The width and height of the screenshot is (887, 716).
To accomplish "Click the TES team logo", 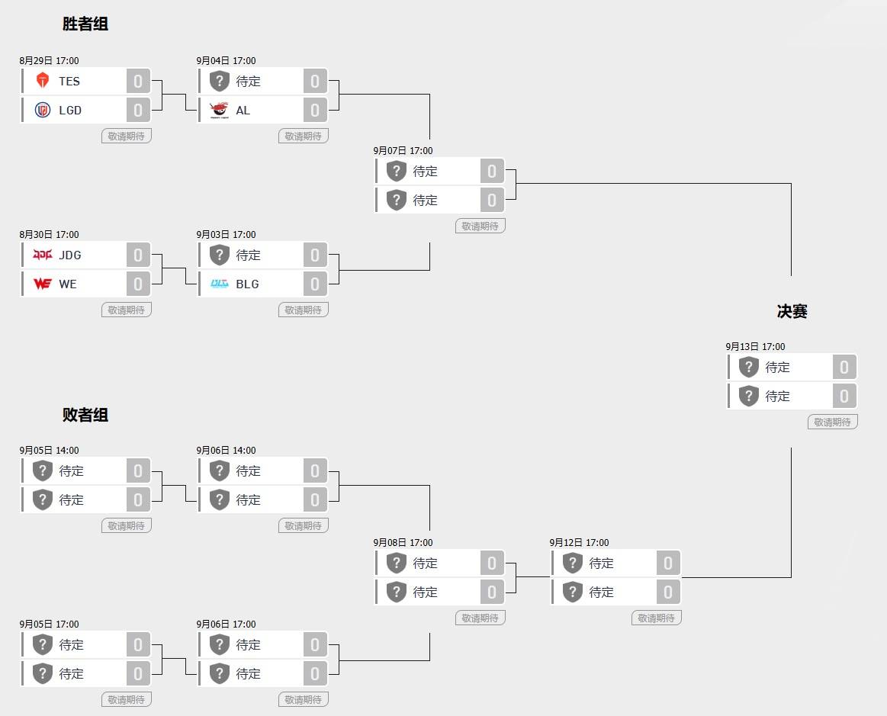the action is point(43,81).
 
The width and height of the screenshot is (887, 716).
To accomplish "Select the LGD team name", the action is point(70,111).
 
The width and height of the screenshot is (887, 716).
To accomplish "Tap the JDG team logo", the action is point(43,255).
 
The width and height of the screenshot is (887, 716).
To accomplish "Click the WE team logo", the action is point(43,284).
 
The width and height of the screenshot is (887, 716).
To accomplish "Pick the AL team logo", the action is point(219,111).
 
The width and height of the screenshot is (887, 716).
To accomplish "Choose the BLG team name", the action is point(247,284).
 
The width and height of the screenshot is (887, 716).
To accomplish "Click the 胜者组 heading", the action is point(85,24).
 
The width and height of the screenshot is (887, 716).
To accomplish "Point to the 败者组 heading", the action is point(85,415).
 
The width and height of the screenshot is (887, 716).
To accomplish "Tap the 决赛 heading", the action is point(792,311).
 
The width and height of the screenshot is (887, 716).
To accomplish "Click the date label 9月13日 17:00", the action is point(755,347).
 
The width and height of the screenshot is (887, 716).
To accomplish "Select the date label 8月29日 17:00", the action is point(50,60).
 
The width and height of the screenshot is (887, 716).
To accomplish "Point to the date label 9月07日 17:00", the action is point(403,150).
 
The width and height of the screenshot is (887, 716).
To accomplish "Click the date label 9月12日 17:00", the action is point(580,542).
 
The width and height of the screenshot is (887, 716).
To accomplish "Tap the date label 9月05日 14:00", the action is point(50,450).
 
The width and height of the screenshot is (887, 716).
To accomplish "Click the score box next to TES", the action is point(138,81).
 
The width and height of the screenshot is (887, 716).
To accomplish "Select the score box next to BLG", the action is point(315,284).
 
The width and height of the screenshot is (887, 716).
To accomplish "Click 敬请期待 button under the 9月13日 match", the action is point(833,422).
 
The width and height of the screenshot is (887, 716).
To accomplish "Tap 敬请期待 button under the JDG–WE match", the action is point(127,310).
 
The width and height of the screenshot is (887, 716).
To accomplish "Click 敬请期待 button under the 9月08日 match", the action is point(480,618).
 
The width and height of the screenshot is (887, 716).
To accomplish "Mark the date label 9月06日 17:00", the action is point(226,624).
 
